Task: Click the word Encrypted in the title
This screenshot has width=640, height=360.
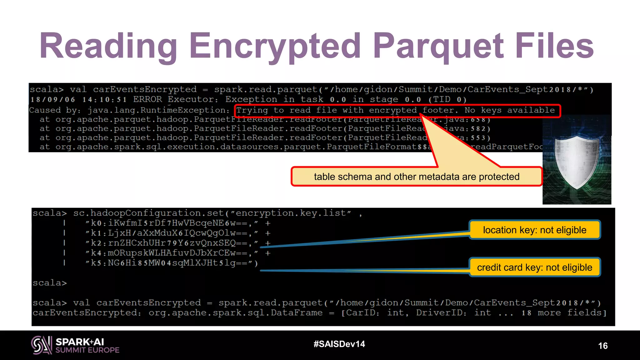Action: click(275, 46)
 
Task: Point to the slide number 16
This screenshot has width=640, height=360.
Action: click(603, 346)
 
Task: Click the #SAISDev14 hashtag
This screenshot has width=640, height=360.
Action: click(339, 344)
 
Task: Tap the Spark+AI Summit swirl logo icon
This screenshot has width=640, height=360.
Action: click(42, 345)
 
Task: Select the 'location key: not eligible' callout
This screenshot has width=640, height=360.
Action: click(534, 230)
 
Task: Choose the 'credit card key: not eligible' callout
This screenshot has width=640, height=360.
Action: click(534, 267)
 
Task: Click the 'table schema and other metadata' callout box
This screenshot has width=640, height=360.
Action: click(416, 177)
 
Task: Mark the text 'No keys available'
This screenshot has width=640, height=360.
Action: click(509, 110)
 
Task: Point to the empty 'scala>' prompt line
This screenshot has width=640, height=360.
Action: click(50, 283)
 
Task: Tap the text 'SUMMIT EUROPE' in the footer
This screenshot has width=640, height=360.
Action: click(87, 350)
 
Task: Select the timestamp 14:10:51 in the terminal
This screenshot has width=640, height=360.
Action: click(105, 100)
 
